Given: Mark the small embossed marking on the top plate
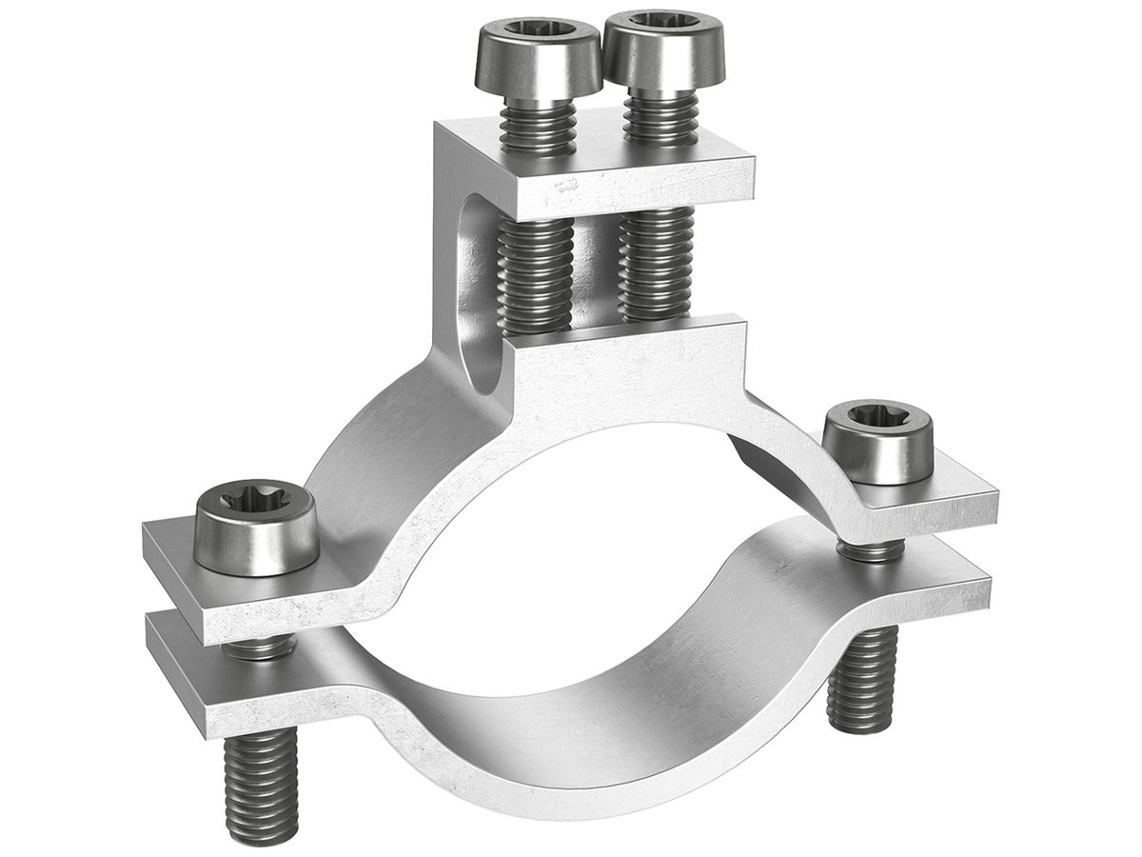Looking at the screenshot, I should (x=568, y=187).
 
